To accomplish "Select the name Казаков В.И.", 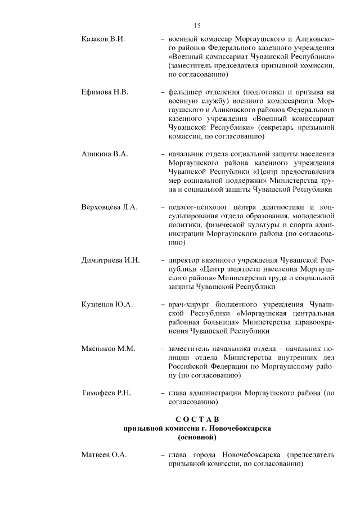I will click(x=103, y=39).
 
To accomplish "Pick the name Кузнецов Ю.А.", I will click(x=107, y=305).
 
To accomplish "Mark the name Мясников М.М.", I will click(x=109, y=349).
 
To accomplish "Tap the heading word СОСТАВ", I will click(x=197, y=419).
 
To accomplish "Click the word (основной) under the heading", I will click(x=197, y=436).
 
